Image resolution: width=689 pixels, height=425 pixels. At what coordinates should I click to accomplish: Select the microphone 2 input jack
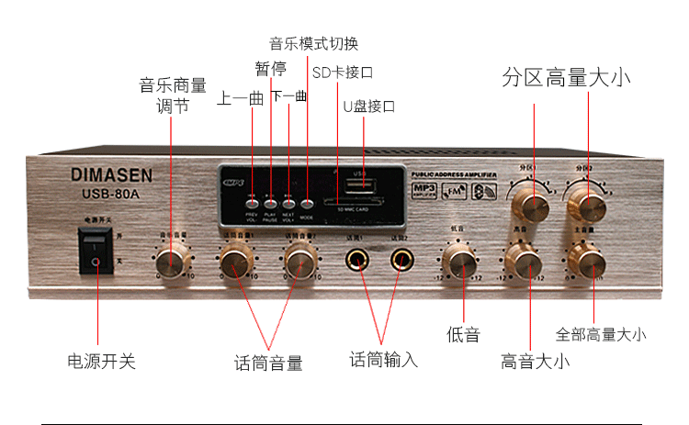click(400, 262)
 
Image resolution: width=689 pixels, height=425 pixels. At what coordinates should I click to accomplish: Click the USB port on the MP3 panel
click(360, 185)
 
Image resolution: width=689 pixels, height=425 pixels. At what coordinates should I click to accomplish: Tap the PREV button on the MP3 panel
click(252, 204)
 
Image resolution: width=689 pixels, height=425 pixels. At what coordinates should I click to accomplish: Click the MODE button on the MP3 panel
click(307, 204)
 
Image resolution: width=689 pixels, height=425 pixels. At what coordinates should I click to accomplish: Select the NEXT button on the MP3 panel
click(288, 204)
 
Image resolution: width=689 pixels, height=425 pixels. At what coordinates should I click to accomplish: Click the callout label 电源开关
click(102, 361)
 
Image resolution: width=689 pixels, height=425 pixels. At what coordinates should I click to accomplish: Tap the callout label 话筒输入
click(384, 359)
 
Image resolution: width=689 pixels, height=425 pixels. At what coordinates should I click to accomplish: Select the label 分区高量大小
click(567, 77)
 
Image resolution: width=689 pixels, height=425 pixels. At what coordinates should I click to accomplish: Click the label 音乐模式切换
click(313, 43)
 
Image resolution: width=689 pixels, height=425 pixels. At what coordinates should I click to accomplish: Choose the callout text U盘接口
click(368, 106)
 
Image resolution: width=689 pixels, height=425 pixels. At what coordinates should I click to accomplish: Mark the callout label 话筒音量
click(268, 363)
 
